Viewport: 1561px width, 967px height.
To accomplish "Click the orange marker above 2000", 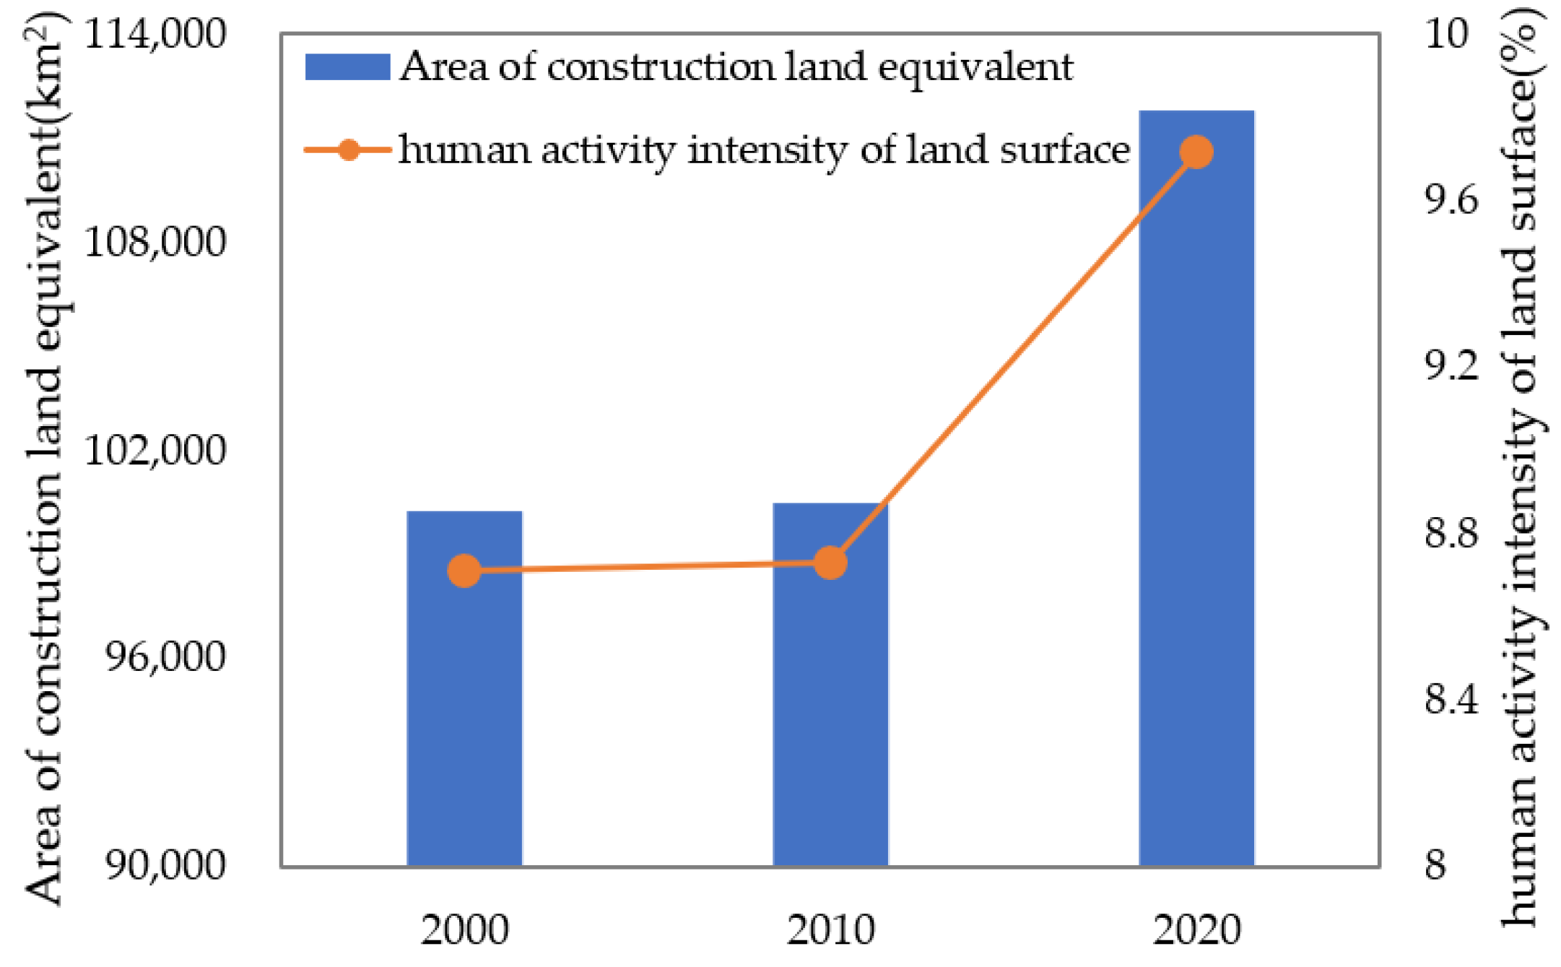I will tap(464, 571).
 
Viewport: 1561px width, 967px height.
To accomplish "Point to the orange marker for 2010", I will tap(830, 563).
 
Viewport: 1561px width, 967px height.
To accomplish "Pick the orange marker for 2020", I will tap(1196, 152).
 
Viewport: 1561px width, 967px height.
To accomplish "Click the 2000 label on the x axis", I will tap(464, 930).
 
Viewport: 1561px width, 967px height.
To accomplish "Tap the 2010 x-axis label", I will tap(830, 930).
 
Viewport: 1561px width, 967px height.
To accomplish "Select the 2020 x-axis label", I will tap(1196, 930).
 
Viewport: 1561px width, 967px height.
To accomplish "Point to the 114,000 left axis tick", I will tap(155, 34).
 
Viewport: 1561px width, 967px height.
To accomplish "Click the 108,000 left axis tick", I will tap(155, 241).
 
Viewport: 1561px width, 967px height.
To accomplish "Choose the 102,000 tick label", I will tap(155, 449).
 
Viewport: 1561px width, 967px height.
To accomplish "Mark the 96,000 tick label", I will tap(165, 656).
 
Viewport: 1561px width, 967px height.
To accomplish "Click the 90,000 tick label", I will tap(165, 864).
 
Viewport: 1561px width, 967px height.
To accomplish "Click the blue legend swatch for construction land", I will tap(347, 67).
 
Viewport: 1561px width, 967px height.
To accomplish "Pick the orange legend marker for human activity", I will tap(349, 150).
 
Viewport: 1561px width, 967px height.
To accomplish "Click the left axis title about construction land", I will tap(45, 462).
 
